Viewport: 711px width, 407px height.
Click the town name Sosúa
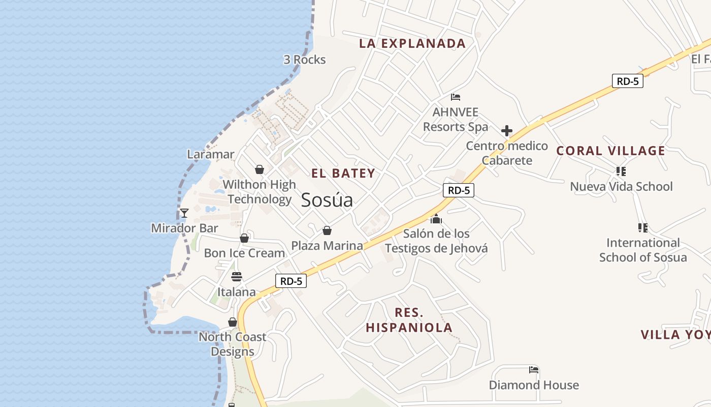(327, 200)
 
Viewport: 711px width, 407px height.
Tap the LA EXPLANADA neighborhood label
(412, 43)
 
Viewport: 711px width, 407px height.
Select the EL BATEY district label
(343, 173)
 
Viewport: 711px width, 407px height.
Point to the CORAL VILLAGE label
(610, 151)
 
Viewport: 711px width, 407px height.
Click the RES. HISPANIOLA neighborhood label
(409, 320)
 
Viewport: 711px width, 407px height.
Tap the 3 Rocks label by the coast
(304, 60)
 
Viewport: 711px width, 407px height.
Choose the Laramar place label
(211, 154)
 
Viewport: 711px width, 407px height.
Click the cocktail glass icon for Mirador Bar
(184, 213)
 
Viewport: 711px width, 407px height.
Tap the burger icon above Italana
(237, 277)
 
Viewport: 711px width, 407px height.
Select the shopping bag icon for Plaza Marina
(327, 231)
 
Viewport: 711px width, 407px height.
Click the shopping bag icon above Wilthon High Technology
(260, 169)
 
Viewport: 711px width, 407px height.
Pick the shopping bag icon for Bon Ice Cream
(244, 238)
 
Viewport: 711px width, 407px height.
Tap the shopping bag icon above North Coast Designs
(233, 322)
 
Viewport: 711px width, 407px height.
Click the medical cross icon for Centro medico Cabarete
(506, 131)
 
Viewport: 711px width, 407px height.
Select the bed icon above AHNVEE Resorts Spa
(456, 97)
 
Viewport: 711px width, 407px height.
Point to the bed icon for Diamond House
(533, 370)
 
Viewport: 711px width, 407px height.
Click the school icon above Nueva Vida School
(621, 171)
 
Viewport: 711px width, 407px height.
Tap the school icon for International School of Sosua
(642, 227)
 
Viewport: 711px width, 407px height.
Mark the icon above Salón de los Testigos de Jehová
(436, 219)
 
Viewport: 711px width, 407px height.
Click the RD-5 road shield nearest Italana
(291, 281)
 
